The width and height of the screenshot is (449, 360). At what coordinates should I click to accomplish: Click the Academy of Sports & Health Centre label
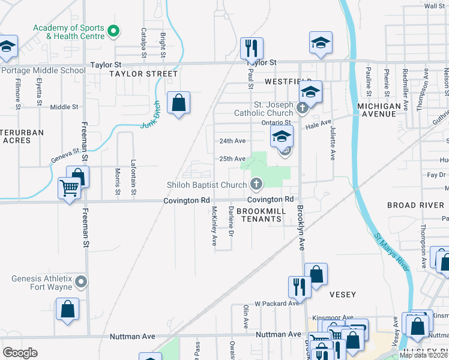[x=68, y=32]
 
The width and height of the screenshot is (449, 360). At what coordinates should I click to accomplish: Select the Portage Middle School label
[x=43, y=70]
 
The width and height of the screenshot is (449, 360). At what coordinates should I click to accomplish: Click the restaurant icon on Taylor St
[x=252, y=48]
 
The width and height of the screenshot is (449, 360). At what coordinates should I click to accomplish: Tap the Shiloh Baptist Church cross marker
[x=256, y=183]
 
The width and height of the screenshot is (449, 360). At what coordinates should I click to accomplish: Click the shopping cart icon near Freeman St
[x=70, y=188]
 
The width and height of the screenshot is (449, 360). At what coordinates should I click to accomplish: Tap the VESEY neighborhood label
[x=343, y=295]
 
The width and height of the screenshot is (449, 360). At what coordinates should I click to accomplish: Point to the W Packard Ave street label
[x=276, y=304]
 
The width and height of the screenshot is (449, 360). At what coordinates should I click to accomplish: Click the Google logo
[x=20, y=352]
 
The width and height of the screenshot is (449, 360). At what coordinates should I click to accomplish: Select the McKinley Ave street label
[x=214, y=226]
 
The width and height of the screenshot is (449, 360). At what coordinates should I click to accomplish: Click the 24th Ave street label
[x=232, y=141]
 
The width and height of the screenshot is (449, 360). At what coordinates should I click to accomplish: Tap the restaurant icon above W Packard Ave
[x=299, y=287]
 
